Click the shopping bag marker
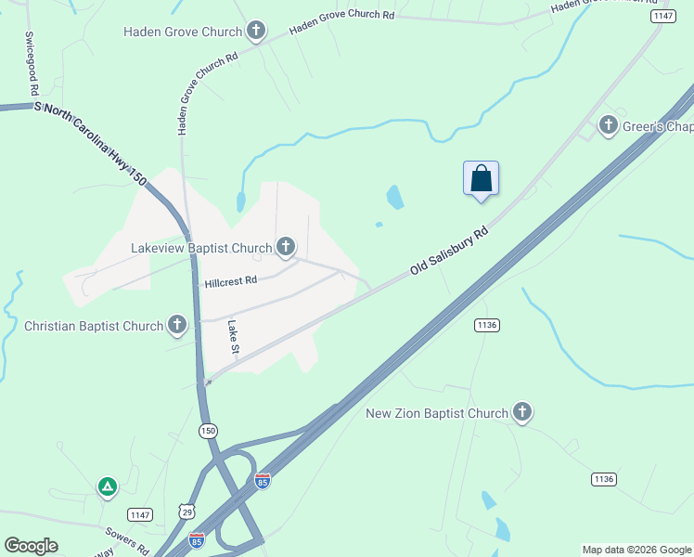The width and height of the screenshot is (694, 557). tap(481, 177)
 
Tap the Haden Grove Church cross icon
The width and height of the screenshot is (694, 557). tap(256, 32)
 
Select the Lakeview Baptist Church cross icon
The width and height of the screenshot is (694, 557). tap(286, 247)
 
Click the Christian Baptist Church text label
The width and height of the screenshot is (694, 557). tap(94, 326)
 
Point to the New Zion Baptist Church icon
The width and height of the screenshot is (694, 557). tap(522, 412)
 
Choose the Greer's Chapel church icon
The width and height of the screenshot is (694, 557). tap(609, 124)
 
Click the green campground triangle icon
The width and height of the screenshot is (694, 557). tap(108, 486)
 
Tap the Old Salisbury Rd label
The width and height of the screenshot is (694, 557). tap(450, 252)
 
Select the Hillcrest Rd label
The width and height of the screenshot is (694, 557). tap(230, 280)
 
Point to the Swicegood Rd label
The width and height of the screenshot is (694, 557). tap(31, 63)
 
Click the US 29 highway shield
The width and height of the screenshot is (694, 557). tap(189, 512)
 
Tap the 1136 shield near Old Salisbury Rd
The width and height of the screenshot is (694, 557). tap(487, 324)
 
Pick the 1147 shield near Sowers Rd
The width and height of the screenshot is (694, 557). tap(140, 514)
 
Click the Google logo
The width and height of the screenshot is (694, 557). tap(31, 546)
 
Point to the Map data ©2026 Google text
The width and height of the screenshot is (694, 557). tap(636, 550)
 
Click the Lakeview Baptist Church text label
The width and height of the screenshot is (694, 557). tap(201, 248)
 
